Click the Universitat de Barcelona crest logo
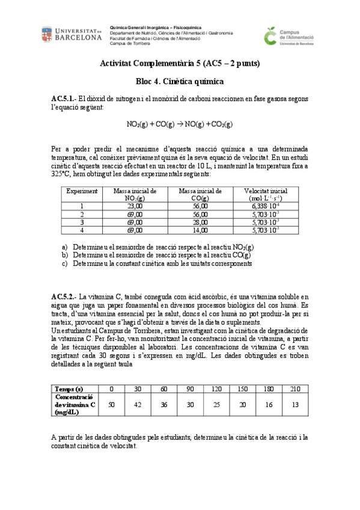pyautogui.click(x=49, y=34)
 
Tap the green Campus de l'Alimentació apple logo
pyautogui.click(x=272, y=35)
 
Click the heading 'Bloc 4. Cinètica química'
pyautogui.click(x=179, y=81)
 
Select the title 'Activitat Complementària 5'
pyautogui.click(x=151, y=63)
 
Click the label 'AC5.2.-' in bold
pyautogui.click(x=64, y=296)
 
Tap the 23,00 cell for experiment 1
pyautogui.click(x=135, y=206)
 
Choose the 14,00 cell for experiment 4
pyautogui.click(x=201, y=230)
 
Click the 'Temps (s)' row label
pyautogui.click(x=69, y=389)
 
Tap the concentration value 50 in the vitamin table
pyautogui.click(x=111, y=404)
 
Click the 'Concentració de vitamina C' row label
pyautogui.click(x=75, y=404)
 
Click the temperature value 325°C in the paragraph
pyautogui.click(x=61, y=174)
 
